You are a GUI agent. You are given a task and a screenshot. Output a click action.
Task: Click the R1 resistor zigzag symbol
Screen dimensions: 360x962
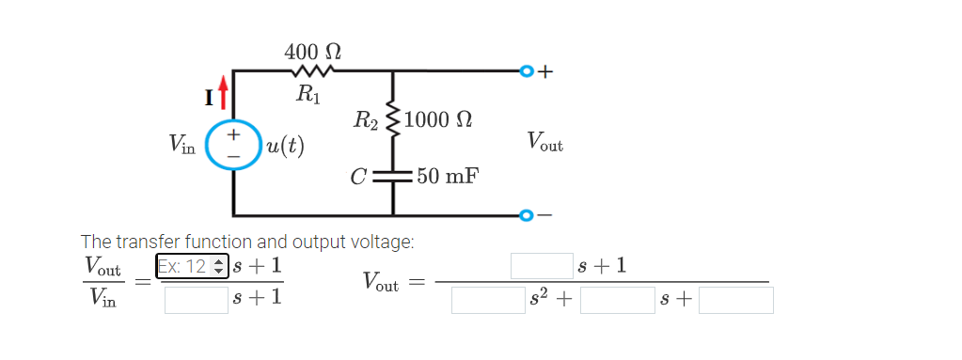(311, 70)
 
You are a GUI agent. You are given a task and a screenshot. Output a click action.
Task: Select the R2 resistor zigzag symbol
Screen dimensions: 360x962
(393, 120)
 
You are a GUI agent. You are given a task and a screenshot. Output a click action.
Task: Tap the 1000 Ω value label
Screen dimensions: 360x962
(437, 121)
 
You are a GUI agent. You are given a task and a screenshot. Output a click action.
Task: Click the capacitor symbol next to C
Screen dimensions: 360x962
(393, 175)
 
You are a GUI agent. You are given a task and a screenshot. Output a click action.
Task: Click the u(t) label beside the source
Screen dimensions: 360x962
(284, 147)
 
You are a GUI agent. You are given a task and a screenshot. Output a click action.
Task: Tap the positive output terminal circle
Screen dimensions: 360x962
(527, 70)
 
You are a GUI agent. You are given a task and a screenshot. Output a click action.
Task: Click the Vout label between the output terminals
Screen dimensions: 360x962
(544, 143)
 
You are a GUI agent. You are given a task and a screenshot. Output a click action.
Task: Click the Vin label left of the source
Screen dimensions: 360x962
(182, 144)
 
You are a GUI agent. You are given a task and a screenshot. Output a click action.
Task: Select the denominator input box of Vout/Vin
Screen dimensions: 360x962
(197, 300)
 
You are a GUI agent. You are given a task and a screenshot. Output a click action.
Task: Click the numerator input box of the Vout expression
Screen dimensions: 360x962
(542, 266)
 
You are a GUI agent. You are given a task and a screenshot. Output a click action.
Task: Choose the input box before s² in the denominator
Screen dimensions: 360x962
(488, 300)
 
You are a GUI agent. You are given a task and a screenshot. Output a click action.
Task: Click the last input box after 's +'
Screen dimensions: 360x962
(735, 300)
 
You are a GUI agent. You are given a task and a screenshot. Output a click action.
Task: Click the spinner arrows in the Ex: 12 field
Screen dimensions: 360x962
(217, 266)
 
